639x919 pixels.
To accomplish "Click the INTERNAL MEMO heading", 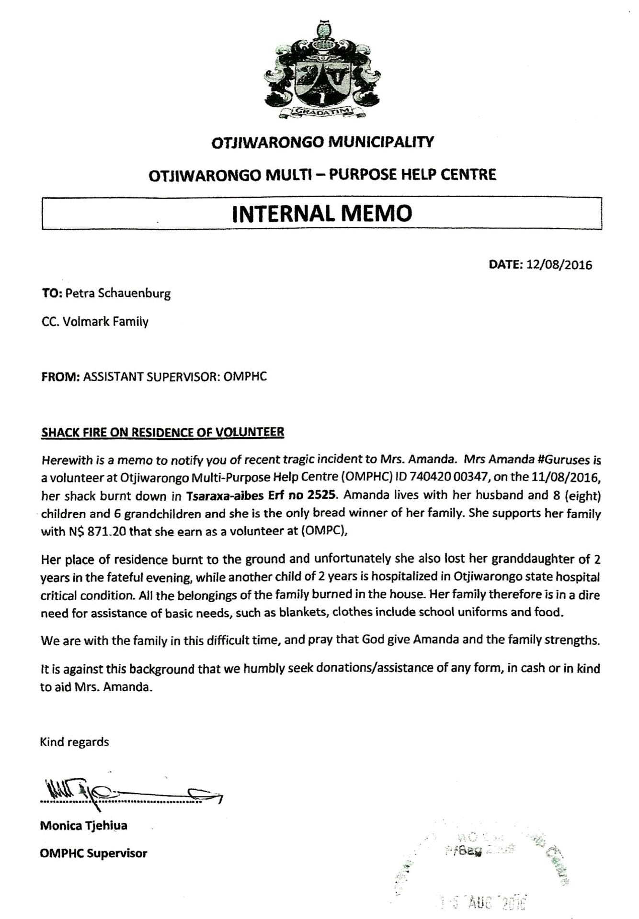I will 322,213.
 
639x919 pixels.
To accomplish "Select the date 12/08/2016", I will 559,265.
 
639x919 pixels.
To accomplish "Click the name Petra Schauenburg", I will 118,293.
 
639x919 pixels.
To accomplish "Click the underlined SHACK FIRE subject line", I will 162,432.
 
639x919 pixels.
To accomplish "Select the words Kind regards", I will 74,742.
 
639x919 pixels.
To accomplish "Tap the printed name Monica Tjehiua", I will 83,826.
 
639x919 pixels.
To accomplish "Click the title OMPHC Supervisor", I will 93,853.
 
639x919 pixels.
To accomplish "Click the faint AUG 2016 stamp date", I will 484,902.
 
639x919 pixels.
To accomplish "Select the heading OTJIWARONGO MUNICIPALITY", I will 322,142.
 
